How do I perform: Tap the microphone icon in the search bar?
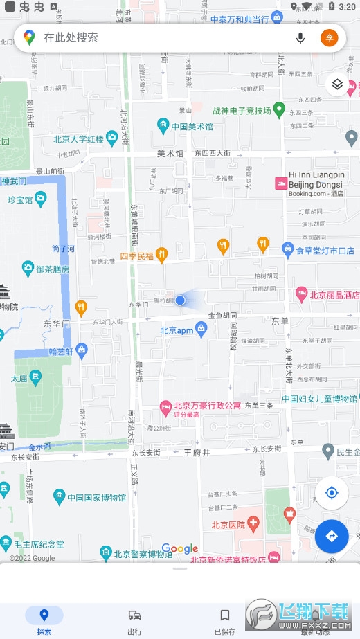point(300,37)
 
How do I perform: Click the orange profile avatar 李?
point(330,37)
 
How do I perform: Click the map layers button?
point(337,84)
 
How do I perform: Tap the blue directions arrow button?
point(331,536)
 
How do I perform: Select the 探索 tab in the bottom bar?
point(44,620)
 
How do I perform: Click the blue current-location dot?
point(180,300)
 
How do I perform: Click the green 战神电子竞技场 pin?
point(279,109)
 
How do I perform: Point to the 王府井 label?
point(197,453)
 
